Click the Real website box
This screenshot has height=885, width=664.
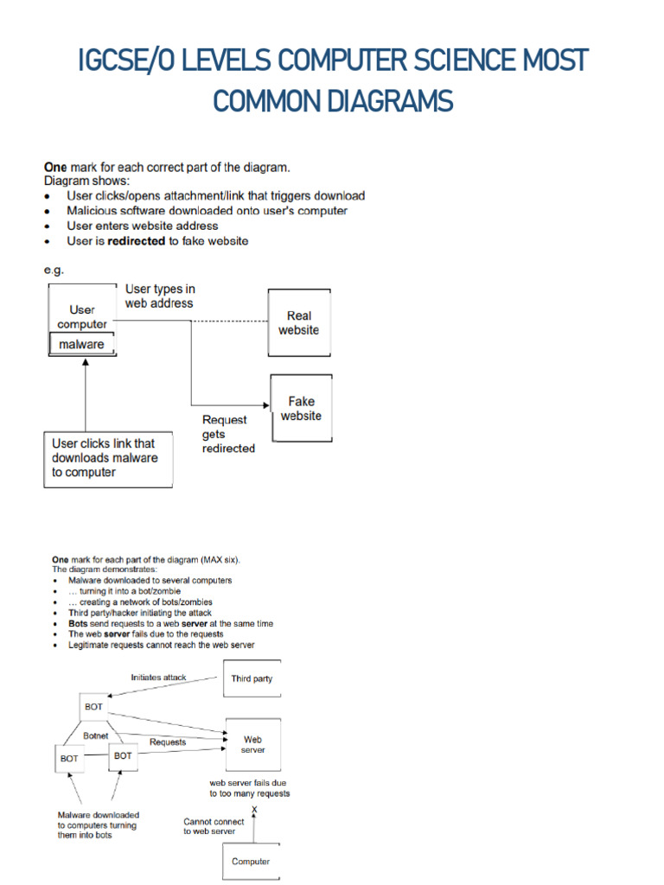coord(298,323)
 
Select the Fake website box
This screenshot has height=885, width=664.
coord(301,408)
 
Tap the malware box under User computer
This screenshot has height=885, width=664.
coord(81,344)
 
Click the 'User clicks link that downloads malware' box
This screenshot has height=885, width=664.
coord(107,458)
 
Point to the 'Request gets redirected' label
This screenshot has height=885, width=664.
coord(228,434)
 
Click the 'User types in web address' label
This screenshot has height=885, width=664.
coord(160,296)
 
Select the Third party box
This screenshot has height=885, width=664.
coord(252,678)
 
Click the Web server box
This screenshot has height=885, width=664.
coord(252,744)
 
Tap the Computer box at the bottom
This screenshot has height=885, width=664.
coord(251,861)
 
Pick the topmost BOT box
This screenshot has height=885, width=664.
coord(93,706)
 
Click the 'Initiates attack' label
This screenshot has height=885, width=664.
coord(158,678)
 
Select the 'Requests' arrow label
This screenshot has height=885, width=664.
coord(168,742)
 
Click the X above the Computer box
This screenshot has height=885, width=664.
coord(254,810)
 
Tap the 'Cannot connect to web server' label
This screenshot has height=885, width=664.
coord(214,826)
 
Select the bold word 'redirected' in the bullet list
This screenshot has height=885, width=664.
coord(136,241)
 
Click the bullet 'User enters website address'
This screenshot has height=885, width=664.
coord(142,226)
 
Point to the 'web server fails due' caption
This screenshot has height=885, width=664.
coord(248,782)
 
